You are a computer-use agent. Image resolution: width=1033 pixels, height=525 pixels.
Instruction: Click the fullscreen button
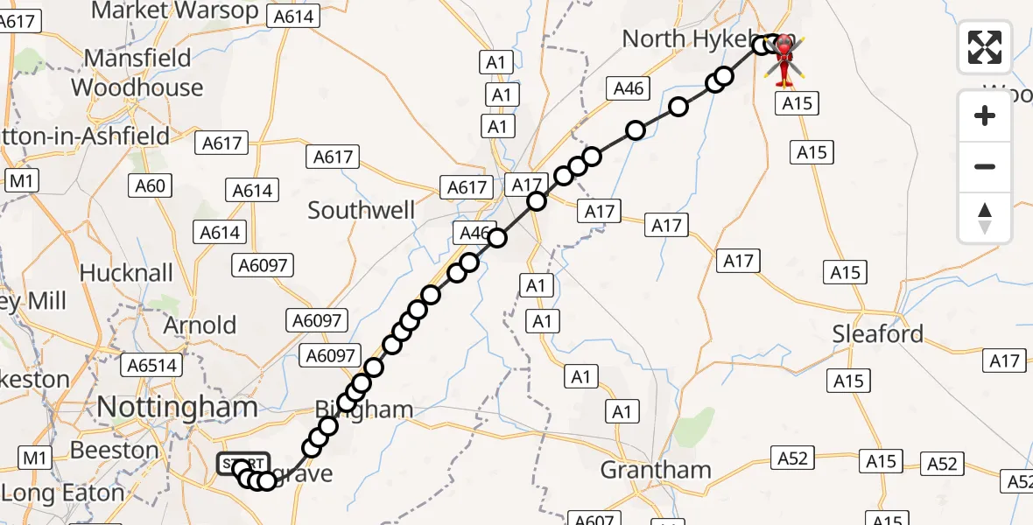[x=985, y=46]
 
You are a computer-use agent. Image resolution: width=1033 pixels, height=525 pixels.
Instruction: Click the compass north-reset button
[x=985, y=218]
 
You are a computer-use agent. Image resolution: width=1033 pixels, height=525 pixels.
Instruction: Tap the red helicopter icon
[x=784, y=59]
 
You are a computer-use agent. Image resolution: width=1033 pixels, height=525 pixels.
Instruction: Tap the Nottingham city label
[x=177, y=407]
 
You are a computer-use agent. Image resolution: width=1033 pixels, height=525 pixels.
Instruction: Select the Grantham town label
[x=656, y=470]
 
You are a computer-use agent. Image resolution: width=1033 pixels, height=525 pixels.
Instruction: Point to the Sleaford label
[x=878, y=334]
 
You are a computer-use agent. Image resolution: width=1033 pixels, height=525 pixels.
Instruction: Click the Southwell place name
[x=362, y=211]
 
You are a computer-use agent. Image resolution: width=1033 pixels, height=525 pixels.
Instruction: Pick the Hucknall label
[x=126, y=273]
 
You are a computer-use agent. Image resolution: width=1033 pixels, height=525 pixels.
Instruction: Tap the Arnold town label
[x=200, y=325]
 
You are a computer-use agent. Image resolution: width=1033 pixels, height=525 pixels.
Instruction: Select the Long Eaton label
[x=63, y=493]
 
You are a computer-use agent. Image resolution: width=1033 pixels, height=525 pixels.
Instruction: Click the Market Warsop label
[x=175, y=10]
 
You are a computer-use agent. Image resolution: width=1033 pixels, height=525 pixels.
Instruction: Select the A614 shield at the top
[x=296, y=16]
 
